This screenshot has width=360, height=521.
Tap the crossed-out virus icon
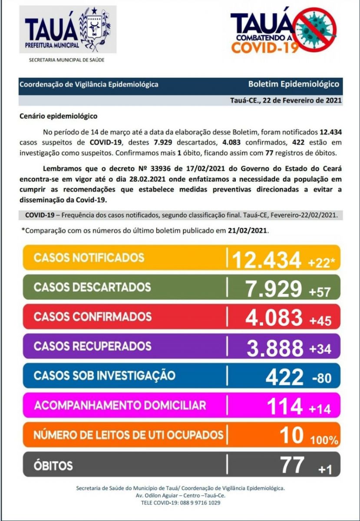click(x=314, y=30)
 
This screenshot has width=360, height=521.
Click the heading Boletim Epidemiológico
click(x=294, y=84)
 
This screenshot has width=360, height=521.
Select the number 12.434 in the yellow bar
click(x=266, y=260)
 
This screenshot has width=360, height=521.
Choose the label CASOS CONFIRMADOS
click(x=92, y=316)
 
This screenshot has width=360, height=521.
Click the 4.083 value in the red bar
click(x=274, y=317)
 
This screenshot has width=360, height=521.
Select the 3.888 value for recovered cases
click(x=275, y=347)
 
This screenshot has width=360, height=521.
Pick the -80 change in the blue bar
click(x=321, y=378)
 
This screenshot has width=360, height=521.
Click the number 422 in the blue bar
click(x=284, y=376)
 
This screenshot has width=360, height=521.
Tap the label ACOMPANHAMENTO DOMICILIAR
click(x=120, y=406)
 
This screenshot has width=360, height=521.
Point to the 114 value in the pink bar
click(x=284, y=406)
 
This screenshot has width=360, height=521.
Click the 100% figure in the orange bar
click(x=324, y=440)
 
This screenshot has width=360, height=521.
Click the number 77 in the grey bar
click(x=292, y=465)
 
